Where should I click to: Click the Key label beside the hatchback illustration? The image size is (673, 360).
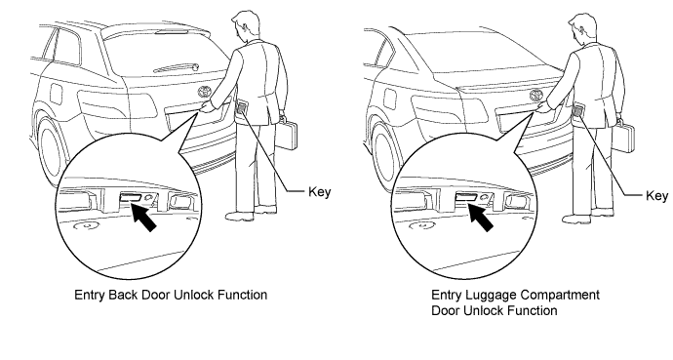[x=319, y=192]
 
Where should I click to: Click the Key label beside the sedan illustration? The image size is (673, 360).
[x=656, y=196]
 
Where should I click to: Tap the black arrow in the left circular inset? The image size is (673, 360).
[x=143, y=217]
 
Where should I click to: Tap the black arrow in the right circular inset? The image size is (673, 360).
[x=480, y=217]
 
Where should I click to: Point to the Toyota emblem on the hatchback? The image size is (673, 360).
[x=205, y=93]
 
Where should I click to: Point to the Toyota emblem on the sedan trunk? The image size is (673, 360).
[x=537, y=95]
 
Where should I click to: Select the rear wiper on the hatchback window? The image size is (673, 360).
[x=177, y=67]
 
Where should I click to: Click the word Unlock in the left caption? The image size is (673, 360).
[x=194, y=295]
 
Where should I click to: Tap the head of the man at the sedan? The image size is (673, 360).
[x=580, y=28]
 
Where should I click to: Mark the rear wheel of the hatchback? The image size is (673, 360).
[x=52, y=149]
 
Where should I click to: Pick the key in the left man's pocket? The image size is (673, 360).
[x=241, y=106]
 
